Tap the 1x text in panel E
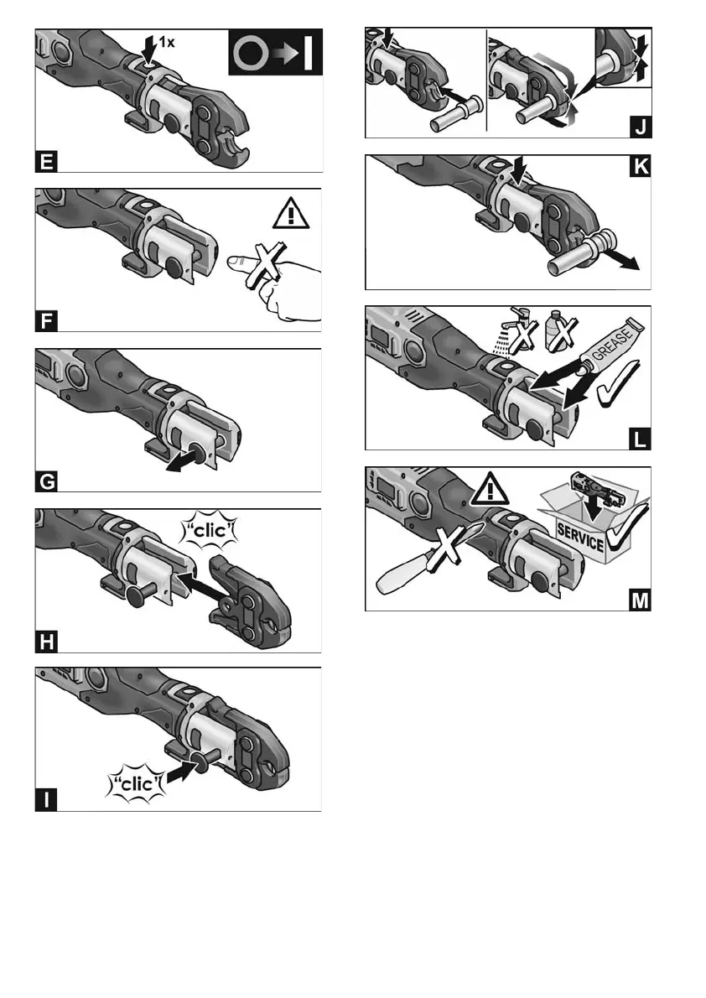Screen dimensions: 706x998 [x=166, y=43]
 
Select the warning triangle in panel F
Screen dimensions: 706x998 [x=291, y=213]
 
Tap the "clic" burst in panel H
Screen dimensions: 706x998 [x=210, y=529]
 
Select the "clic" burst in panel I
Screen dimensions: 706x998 [x=136, y=783]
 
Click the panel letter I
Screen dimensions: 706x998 [x=46, y=799]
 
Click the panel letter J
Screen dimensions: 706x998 [x=641, y=127]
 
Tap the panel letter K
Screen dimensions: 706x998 [x=640, y=166]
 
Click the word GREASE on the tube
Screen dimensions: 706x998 [x=612, y=344]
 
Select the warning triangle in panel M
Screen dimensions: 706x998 [x=490, y=489]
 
